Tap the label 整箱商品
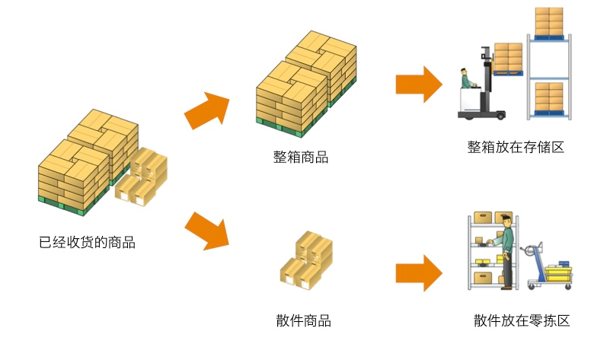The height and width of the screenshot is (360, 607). tap(301, 158)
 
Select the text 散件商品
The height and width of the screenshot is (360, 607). tap(303, 320)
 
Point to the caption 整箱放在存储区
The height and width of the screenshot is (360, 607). tap(516, 147)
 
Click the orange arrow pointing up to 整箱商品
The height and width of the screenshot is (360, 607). tap(206, 110)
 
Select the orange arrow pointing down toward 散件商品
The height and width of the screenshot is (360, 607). tap(206, 230)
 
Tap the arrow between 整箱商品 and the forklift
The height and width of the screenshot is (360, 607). tap(418, 84)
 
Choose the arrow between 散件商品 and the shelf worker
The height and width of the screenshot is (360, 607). tap(418, 272)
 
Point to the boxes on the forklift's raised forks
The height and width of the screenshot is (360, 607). tap(508, 58)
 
